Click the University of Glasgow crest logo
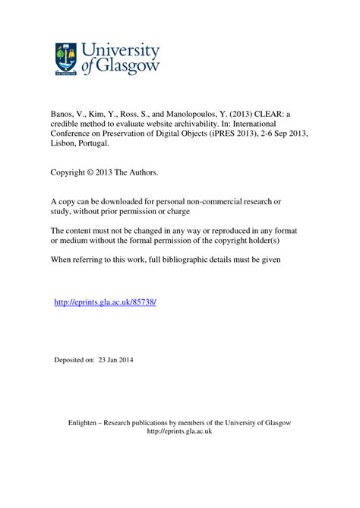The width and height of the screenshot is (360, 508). [x=66, y=58]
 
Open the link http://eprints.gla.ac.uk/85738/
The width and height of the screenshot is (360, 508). [x=106, y=302]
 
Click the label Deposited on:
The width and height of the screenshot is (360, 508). [x=74, y=359]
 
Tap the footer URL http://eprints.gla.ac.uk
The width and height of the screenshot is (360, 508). [x=179, y=431]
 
